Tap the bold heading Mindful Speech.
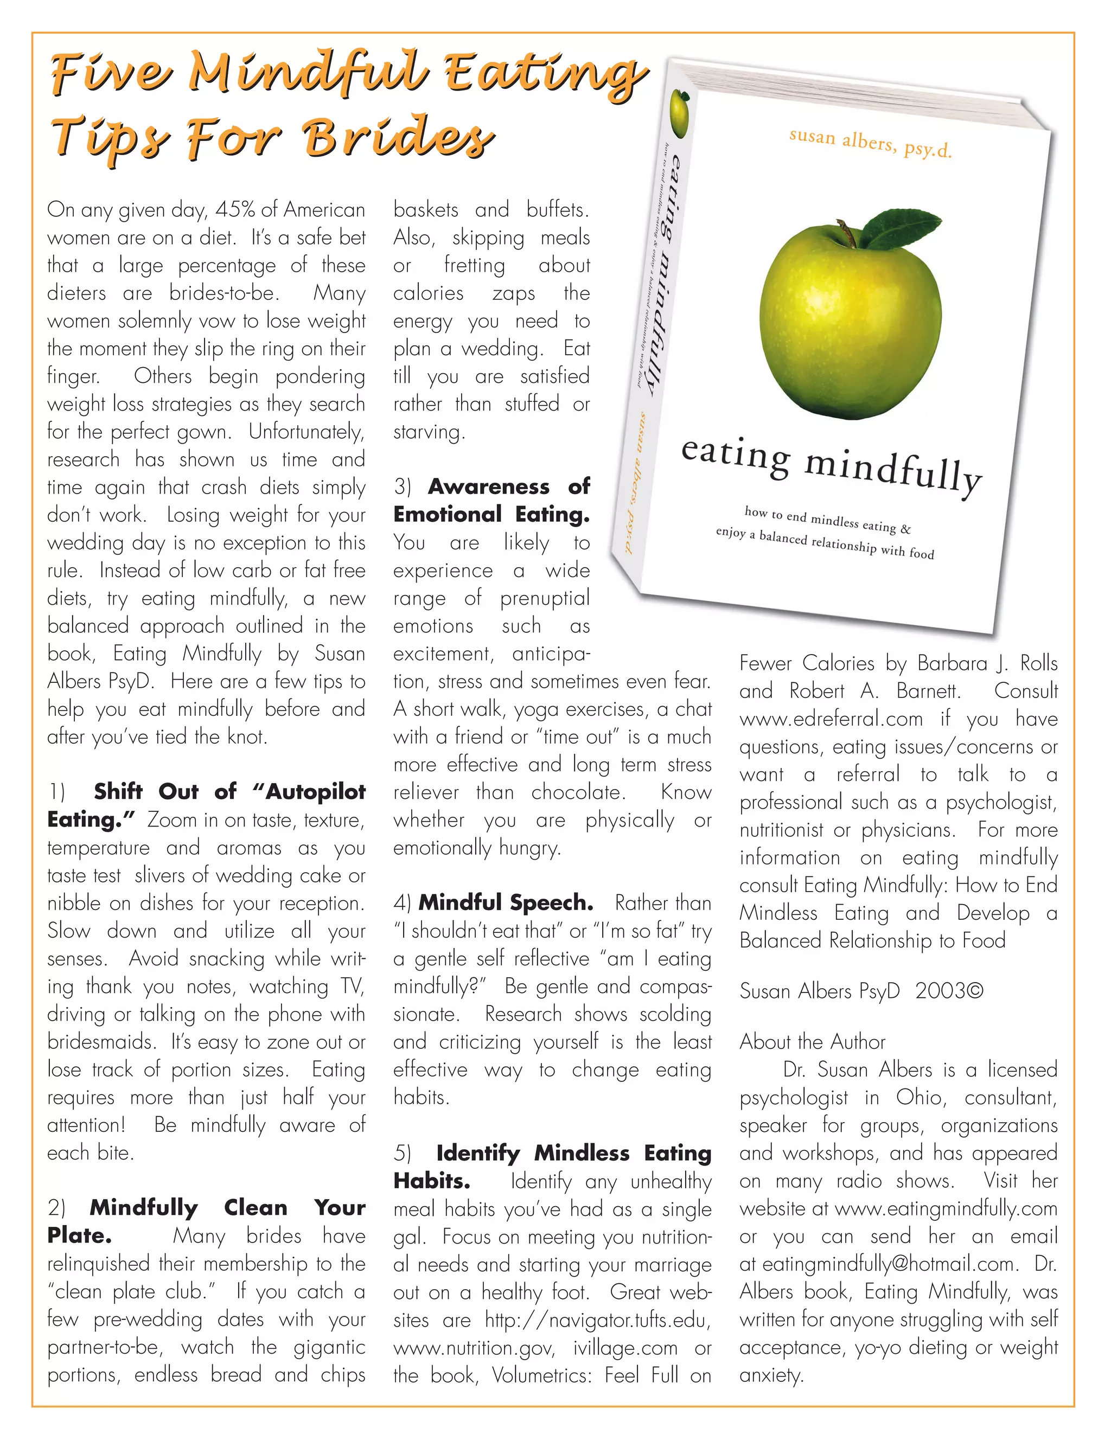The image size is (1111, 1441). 506,902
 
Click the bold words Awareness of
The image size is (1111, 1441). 508,486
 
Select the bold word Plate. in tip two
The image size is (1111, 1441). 79,1235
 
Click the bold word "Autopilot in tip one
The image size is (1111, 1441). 309,791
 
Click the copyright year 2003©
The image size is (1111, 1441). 949,991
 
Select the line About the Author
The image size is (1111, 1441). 812,1041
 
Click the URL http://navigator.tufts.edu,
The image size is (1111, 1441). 597,1320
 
